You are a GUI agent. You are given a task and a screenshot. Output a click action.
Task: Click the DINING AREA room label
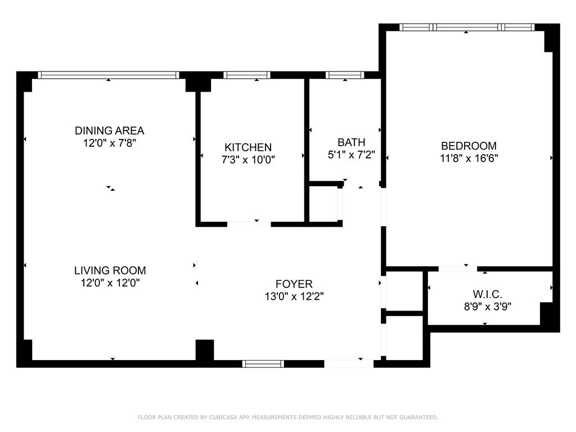[110, 130]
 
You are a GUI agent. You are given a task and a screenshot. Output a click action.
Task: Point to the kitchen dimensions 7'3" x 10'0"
[248, 160]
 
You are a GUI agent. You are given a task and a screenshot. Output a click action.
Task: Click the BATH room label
[351, 142]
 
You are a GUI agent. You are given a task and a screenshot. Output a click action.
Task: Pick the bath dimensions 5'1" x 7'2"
[351, 154]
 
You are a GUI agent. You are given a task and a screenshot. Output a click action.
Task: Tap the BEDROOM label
[469, 146]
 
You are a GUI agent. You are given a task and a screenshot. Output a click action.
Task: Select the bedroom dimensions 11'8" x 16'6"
[469, 159]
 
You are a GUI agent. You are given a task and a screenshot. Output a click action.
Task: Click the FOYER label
[294, 284]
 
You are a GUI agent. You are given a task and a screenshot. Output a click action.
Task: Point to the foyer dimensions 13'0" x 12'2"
[294, 296]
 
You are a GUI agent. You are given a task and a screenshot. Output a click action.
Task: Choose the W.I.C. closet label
[487, 294]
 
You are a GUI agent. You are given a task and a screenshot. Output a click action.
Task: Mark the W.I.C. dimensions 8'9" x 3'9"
[487, 307]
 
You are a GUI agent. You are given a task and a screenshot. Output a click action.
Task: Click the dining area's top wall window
[108, 75]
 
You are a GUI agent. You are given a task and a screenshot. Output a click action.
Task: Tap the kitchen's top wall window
[246, 75]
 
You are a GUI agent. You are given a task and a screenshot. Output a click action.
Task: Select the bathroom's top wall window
[345, 75]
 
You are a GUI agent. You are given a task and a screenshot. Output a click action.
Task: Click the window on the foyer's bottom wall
[263, 364]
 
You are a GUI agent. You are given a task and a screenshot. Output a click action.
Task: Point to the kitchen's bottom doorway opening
[249, 224]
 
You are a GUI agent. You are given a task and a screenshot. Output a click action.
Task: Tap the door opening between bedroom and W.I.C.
[457, 269]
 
